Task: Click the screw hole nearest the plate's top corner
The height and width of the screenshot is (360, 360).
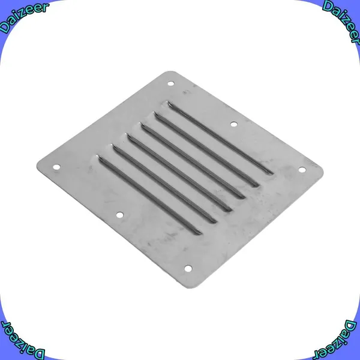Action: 170,83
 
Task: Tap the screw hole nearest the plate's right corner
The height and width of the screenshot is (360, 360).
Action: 302,170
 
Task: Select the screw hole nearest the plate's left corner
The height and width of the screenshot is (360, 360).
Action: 56,167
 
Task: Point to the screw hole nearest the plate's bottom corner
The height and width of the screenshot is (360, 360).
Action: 188,268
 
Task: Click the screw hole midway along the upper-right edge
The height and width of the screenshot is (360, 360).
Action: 234,124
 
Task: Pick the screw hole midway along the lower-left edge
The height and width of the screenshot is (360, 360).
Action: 119,215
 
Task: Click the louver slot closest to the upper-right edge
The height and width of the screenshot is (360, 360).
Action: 220,138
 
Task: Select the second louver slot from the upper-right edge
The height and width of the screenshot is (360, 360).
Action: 206,149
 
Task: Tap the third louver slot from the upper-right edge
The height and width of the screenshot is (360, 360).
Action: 193,161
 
